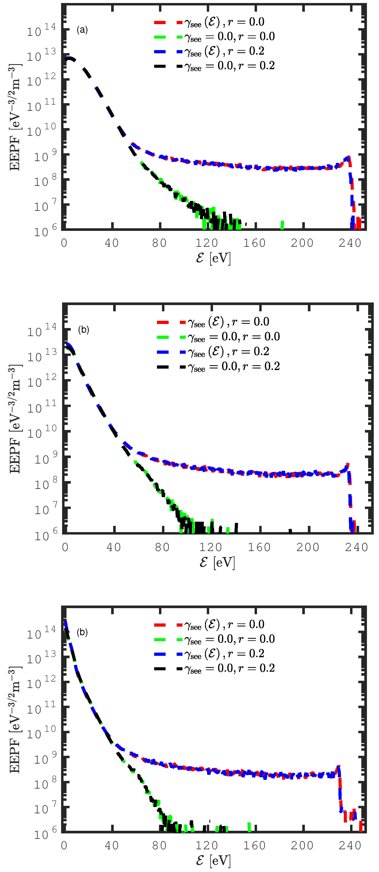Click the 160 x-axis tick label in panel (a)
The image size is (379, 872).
(254, 243)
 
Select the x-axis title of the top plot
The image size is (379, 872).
(214, 258)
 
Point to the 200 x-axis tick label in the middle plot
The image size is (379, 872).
(308, 547)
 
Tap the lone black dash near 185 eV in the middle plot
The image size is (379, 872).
(290, 531)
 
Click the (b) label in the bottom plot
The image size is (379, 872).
(82, 632)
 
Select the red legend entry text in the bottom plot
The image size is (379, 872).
(224, 625)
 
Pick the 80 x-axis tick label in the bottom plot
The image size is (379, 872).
(159, 845)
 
